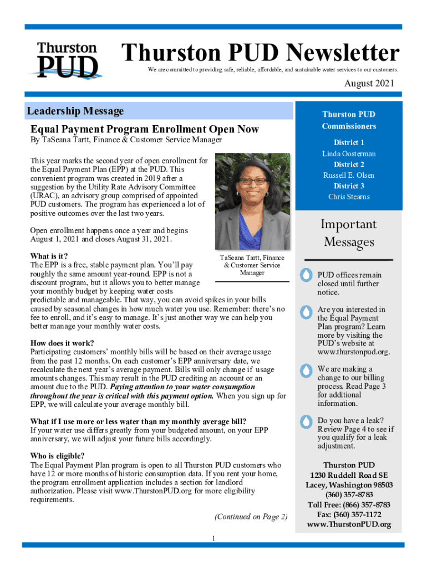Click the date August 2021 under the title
[369, 84]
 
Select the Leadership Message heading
[75, 111]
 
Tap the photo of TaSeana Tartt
[252, 201]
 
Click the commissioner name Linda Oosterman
[349, 153]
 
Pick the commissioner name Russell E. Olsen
[349, 175]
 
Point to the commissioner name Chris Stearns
[349, 197]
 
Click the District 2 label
[349, 164]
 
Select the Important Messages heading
[349, 233]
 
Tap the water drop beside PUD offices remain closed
[306, 275]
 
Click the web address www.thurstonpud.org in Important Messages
[353, 352]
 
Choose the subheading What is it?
[49, 256]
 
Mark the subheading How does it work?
[62, 343]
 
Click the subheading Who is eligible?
[57, 456]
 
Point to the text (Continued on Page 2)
[251, 517]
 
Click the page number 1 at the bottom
[213, 538]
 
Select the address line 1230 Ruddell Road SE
[349, 475]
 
